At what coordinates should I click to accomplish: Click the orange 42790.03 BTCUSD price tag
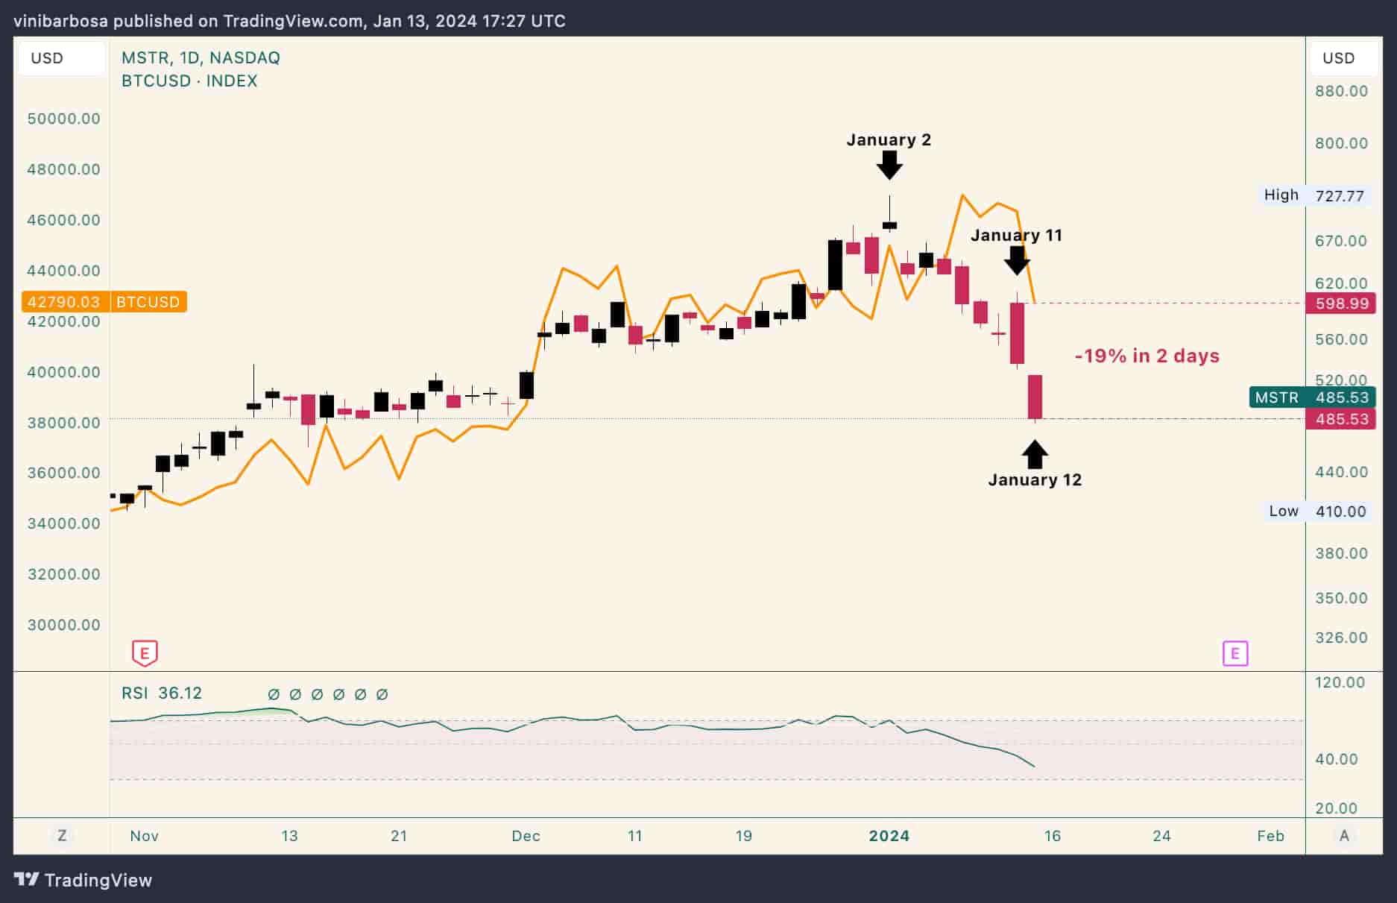(x=104, y=302)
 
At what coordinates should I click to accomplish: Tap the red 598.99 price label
(x=1341, y=303)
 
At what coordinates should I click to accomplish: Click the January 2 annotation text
(x=889, y=140)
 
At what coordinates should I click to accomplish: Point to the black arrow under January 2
(x=889, y=165)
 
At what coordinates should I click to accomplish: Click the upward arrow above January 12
(x=1035, y=454)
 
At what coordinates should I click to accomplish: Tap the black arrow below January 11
(x=1017, y=260)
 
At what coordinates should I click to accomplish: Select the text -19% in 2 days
(x=1147, y=356)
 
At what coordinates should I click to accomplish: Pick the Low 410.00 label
(x=1318, y=512)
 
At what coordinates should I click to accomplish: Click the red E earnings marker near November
(x=145, y=654)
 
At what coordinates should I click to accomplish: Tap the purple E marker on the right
(x=1235, y=654)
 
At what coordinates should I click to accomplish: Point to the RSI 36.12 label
(x=162, y=693)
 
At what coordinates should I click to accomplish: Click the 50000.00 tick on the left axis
(x=63, y=119)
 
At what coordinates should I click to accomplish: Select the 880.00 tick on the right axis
(x=1341, y=91)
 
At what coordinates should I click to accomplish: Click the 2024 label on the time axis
(x=889, y=836)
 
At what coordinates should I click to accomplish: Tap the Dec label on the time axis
(x=526, y=836)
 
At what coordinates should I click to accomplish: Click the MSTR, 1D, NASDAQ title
(x=201, y=58)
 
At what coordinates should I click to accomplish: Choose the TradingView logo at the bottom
(x=83, y=880)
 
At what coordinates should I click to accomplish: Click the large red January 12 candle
(x=1035, y=397)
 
